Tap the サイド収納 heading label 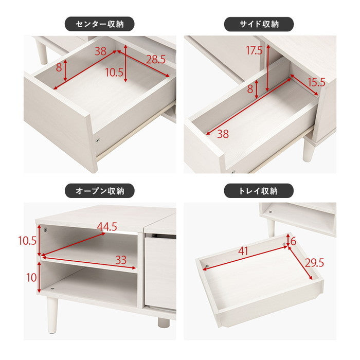(x=259, y=24)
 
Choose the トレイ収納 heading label (x=259, y=191)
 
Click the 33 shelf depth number (x=120, y=260)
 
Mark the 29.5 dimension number (x=314, y=263)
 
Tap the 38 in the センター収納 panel (x=101, y=50)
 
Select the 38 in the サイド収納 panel (x=223, y=134)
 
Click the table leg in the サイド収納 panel (x=308, y=150)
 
